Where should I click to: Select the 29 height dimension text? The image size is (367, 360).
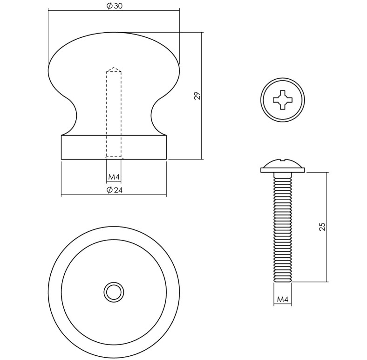(x=197, y=96)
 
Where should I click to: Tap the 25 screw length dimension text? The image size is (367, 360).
(x=322, y=227)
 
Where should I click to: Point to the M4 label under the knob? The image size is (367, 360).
(x=114, y=177)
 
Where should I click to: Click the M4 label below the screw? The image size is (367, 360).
(x=283, y=299)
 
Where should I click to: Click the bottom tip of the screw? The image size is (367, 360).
(x=283, y=281)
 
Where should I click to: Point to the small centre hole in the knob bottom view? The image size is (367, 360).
(x=113, y=292)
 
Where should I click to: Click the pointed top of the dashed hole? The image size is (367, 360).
(x=114, y=69)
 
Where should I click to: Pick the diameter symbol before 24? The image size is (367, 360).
(x=109, y=189)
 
